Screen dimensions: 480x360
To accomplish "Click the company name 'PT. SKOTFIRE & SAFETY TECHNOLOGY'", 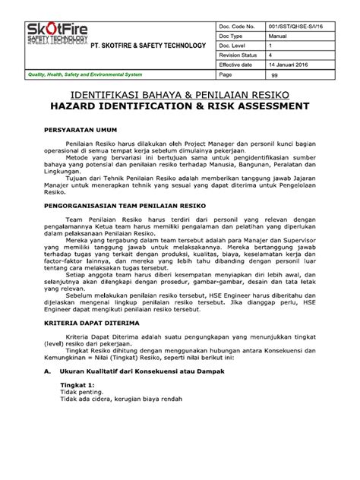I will coord(149,46).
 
